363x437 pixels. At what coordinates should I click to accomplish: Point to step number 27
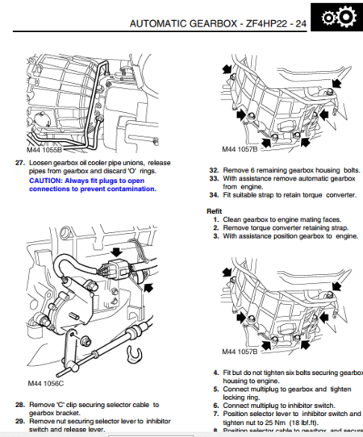coord(20,162)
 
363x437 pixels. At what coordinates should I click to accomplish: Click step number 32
coord(213,170)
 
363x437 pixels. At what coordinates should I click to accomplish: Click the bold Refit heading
coord(216,210)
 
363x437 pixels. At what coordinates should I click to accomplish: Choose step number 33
coord(213,178)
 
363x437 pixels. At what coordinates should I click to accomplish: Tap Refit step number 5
coord(215,389)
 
